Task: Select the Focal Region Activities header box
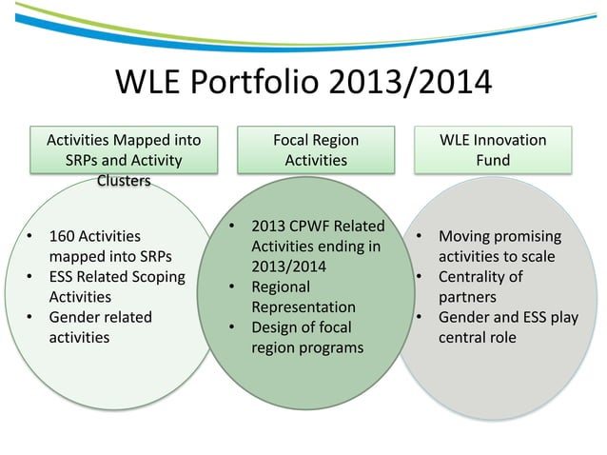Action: pos(316,149)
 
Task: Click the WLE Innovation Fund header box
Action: pos(492,149)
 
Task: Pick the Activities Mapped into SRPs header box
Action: pos(123,149)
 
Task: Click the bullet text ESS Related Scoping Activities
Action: pos(105,287)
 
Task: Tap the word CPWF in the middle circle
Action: pos(315,227)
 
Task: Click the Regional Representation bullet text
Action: pos(303,297)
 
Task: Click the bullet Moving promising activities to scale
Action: pos(499,247)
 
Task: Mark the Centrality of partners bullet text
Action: pos(480,287)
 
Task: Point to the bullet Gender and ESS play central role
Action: pos(506,326)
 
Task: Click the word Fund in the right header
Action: pos(493,160)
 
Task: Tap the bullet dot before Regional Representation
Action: pos(232,287)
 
